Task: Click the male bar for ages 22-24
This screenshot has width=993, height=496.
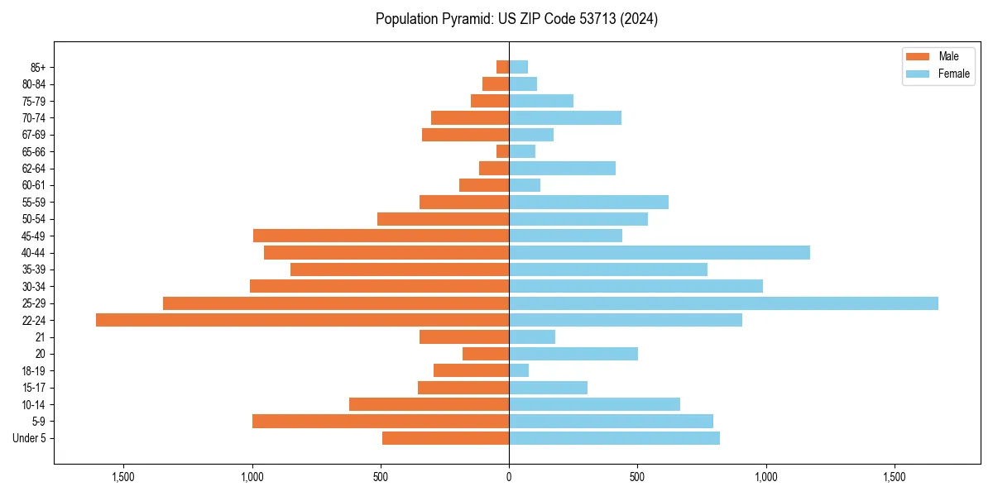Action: coord(302,320)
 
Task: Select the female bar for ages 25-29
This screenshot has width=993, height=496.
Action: coord(723,303)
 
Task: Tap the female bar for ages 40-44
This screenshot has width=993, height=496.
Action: coord(659,252)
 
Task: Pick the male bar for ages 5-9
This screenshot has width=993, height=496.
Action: coord(381,421)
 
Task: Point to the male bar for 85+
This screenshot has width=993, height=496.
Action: coord(502,67)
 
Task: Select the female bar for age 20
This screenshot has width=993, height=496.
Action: coord(573,354)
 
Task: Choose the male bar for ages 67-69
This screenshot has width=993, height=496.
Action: coord(465,135)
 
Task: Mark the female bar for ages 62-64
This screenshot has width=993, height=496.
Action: coord(562,168)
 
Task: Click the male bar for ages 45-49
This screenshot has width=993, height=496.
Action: coord(381,236)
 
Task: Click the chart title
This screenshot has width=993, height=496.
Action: coord(516,19)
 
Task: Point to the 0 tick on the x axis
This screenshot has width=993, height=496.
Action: coord(509,477)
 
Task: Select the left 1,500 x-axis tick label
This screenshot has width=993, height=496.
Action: coord(123,477)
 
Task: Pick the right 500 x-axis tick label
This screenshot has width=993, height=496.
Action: coord(637,477)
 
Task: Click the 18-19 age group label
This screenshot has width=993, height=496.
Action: coord(34,370)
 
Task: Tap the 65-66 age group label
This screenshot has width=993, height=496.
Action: coord(34,151)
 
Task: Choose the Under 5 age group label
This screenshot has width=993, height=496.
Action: coord(30,438)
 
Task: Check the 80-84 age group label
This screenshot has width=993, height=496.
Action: coord(34,83)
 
